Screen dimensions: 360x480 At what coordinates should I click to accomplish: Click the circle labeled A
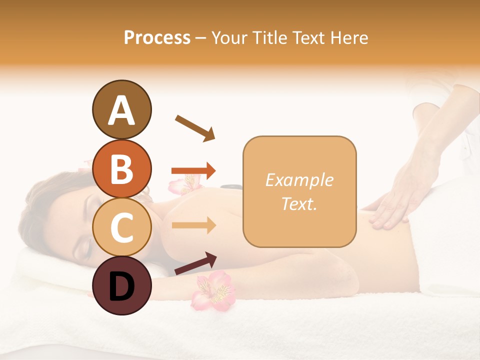click(x=122, y=109)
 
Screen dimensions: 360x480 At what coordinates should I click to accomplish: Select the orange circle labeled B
click(x=122, y=169)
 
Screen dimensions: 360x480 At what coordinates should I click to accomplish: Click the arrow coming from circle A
click(x=194, y=128)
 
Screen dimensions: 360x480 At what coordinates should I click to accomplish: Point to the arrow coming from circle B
click(x=193, y=171)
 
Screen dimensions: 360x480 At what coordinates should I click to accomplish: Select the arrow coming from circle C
click(x=193, y=225)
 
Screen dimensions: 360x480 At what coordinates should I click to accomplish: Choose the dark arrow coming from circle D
click(x=195, y=263)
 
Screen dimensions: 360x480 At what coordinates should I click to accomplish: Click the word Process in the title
click(x=157, y=38)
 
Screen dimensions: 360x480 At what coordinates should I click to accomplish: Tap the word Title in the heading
click(x=270, y=38)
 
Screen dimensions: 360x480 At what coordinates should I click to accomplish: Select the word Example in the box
click(x=299, y=180)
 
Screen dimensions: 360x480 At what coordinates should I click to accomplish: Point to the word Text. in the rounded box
click(x=299, y=203)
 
